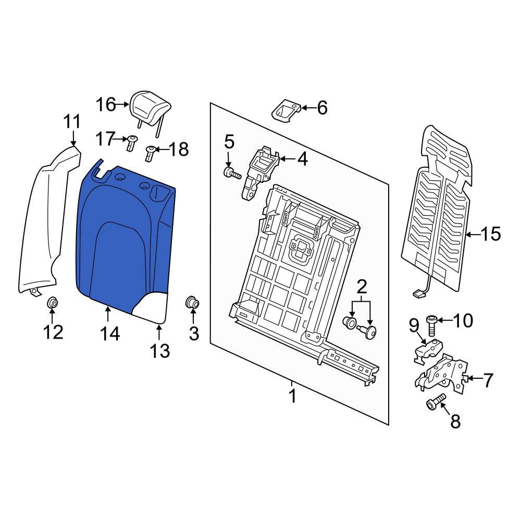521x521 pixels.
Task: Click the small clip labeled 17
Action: click(x=132, y=143)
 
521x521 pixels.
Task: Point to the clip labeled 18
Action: click(x=151, y=154)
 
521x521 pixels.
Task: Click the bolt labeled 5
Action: click(x=232, y=173)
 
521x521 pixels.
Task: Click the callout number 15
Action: click(x=491, y=234)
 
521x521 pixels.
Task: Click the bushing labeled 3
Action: click(x=192, y=302)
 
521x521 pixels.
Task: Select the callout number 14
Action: click(x=110, y=333)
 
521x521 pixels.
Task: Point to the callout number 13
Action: click(x=160, y=351)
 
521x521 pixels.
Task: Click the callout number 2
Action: click(x=362, y=287)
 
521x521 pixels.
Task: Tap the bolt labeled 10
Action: click(x=431, y=325)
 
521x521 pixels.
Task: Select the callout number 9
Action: click(x=414, y=326)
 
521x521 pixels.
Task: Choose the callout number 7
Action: click(x=488, y=380)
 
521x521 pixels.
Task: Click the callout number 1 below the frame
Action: click(x=292, y=395)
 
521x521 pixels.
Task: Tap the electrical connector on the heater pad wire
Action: click(x=418, y=293)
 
